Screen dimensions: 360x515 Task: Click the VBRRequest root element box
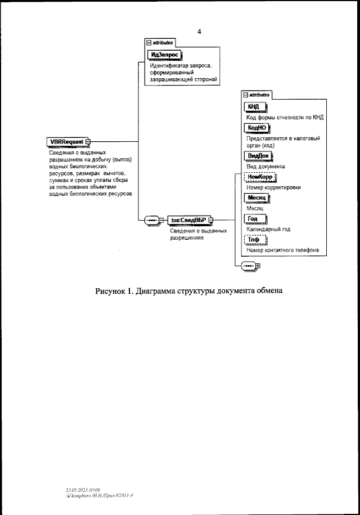tap(66, 141)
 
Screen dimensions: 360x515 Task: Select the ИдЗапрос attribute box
tap(162, 55)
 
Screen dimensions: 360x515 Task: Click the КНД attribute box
tap(254, 108)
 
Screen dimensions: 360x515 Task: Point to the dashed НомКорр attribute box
tap(260, 177)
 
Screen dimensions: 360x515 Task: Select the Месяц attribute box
tap(258, 198)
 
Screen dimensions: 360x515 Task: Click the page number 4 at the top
tap(199, 32)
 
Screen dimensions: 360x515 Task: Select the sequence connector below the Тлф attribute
tap(247, 265)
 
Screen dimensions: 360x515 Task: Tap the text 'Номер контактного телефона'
tap(282, 250)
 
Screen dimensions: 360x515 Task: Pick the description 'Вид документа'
tap(265, 167)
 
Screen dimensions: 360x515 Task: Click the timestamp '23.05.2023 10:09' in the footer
tap(84, 490)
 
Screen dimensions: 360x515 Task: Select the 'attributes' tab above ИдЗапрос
tap(161, 42)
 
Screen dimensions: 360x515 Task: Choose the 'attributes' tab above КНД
tap(256, 95)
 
